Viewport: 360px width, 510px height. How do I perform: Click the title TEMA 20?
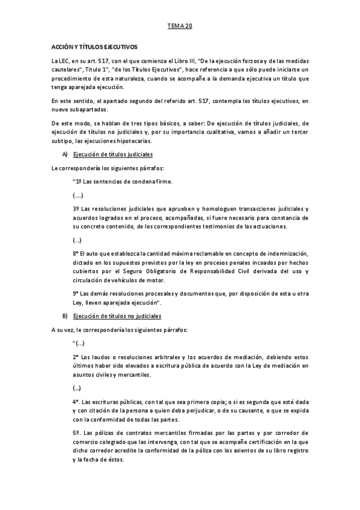coord(179,27)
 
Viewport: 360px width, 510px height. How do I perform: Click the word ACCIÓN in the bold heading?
coord(63,46)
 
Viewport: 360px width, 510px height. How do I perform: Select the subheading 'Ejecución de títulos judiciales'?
coord(112,155)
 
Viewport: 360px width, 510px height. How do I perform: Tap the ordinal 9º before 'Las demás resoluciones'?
coord(76,293)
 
